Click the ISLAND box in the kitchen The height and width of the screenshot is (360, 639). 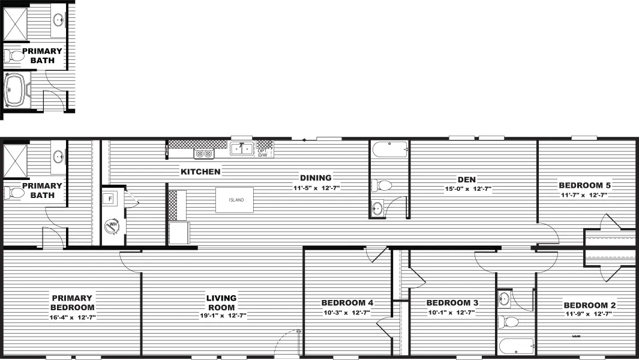click(235, 200)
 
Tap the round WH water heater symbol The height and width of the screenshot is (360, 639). click(112, 226)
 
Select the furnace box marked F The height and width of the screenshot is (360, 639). click(111, 199)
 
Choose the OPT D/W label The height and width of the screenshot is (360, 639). click(263, 153)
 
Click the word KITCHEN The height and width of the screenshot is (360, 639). click(200, 172)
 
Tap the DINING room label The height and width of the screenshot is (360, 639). click(316, 178)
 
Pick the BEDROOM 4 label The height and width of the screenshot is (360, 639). click(347, 303)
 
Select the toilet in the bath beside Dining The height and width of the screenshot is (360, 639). click(382, 185)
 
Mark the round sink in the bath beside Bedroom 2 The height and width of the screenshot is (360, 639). click(505, 297)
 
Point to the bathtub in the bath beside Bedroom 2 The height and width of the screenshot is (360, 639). click(516, 346)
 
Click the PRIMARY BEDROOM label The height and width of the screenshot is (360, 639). click(71, 302)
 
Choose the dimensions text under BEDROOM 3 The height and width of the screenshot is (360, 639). click(451, 313)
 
